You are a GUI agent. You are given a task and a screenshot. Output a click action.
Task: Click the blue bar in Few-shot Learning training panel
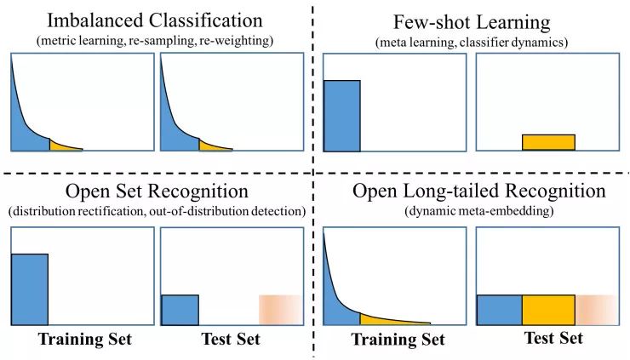pyautogui.click(x=341, y=116)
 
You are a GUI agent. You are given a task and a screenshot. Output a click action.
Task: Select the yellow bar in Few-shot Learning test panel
pyautogui.click(x=548, y=143)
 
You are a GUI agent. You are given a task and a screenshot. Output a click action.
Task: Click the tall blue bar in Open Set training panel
pyautogui.click(x=29, y=289)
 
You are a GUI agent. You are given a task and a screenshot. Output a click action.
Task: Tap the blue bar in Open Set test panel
pyautogui.click(x=180, y=308)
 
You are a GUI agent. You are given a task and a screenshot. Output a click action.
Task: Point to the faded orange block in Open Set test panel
pyautogui.click(x=280, y=308)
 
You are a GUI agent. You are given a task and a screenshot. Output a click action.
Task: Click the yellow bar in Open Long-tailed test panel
pyautogui.click(x=547, y=308)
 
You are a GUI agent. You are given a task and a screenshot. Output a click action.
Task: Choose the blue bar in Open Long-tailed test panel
pyautogui.click(x=498, y=308)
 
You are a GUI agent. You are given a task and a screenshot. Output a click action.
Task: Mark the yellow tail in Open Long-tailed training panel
pyautogui.click(x=387, y=320)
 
